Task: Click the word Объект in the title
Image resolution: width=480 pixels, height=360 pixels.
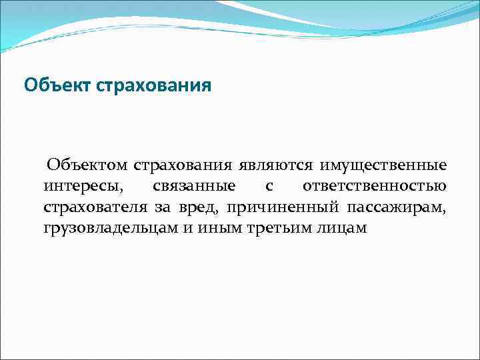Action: [x=58, y=86]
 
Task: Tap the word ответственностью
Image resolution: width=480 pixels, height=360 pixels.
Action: [x=375, y=185]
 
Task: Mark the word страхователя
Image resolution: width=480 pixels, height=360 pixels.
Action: [x=96, y=207]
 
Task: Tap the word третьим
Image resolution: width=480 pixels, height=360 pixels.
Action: [x=274, y=228]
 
